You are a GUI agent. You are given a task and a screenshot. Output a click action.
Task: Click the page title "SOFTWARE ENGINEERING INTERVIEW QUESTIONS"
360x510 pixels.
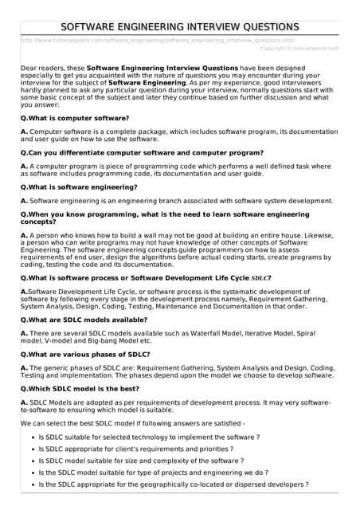[180, 27]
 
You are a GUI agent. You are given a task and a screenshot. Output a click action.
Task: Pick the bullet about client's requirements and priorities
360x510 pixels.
[148, 449]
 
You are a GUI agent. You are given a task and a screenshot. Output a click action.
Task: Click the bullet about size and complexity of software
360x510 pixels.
[141, 461]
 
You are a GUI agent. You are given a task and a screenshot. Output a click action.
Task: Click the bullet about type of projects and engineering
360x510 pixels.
[154, 473]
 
